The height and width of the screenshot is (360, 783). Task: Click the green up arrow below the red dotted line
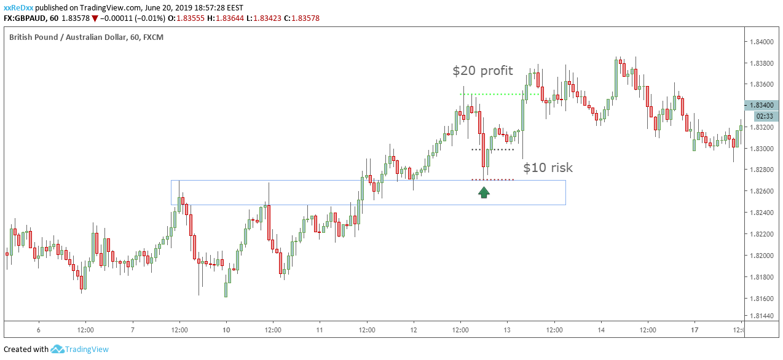484,192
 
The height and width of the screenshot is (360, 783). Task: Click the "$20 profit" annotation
482,71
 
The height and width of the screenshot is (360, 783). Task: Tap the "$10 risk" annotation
548,168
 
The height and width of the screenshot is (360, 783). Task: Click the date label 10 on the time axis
226,329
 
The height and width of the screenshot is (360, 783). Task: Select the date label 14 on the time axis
601,329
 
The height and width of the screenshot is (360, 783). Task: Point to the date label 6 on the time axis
39,329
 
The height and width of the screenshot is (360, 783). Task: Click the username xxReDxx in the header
18,6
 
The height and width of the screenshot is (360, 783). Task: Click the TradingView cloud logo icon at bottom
58,350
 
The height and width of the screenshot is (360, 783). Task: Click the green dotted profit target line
492,94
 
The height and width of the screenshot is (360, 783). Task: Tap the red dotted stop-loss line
492,179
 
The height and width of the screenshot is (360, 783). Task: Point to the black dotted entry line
492,149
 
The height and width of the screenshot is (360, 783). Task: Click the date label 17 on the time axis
694,329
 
